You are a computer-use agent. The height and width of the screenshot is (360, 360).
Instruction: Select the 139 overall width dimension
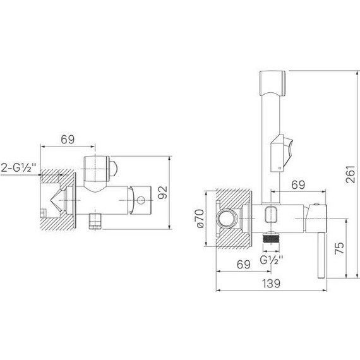click(271, 284)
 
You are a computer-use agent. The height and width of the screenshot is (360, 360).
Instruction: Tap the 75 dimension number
click(340, 248)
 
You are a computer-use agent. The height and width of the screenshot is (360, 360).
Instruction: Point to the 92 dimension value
click(163, 193)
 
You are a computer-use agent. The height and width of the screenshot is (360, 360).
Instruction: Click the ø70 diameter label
click(200, 219)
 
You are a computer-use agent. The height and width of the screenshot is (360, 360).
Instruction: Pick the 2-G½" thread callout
click(19, 167)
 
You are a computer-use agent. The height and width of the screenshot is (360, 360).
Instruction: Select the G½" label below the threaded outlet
click(272, 260)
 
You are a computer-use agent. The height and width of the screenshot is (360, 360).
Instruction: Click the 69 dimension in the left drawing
click(68, 140)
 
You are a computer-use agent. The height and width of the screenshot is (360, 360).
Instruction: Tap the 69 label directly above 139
click(244, 265)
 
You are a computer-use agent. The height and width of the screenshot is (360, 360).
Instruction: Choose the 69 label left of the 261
click(298, 184)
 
